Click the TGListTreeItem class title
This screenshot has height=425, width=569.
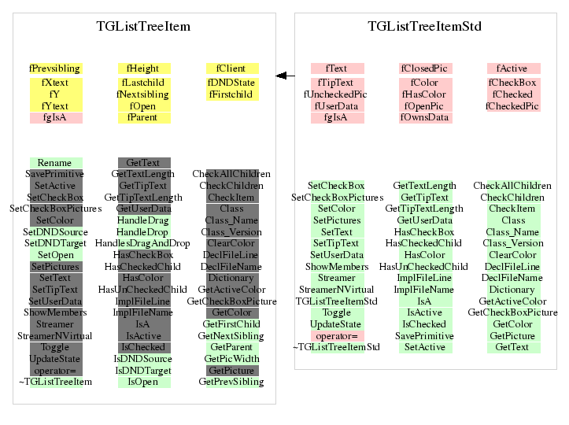[x=143, y=27]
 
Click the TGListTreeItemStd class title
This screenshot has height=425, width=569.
[x=424, y=27]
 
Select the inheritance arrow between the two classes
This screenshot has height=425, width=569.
[x=285, y=76]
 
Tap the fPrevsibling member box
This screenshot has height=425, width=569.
[x=55, y=68]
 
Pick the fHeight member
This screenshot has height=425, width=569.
[x=144, y=68]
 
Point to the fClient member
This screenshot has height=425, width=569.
[x=231, y=68]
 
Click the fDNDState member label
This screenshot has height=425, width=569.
[x=231, y=83]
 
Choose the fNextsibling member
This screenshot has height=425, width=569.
[x=144, y=94]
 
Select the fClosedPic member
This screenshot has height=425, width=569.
[x=425, y=68]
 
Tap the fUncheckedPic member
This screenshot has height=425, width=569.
[x=337, y=94]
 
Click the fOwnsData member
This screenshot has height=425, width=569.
[x=425, y=118]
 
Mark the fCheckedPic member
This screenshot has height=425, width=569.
[x=513, y=106]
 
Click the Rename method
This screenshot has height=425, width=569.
[x=55, y=163]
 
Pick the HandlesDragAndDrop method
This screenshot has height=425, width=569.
[x=144, y=244]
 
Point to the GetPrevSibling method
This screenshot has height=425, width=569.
[x=231, y=382]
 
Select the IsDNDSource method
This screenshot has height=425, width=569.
[x=144, y=358]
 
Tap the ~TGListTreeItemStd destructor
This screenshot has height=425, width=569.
[x=337, y=347]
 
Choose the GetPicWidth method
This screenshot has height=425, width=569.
[x=231, y=358]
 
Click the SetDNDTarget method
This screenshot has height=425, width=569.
[x=55, y=244]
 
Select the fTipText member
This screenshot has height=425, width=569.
[x=337, y=83]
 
